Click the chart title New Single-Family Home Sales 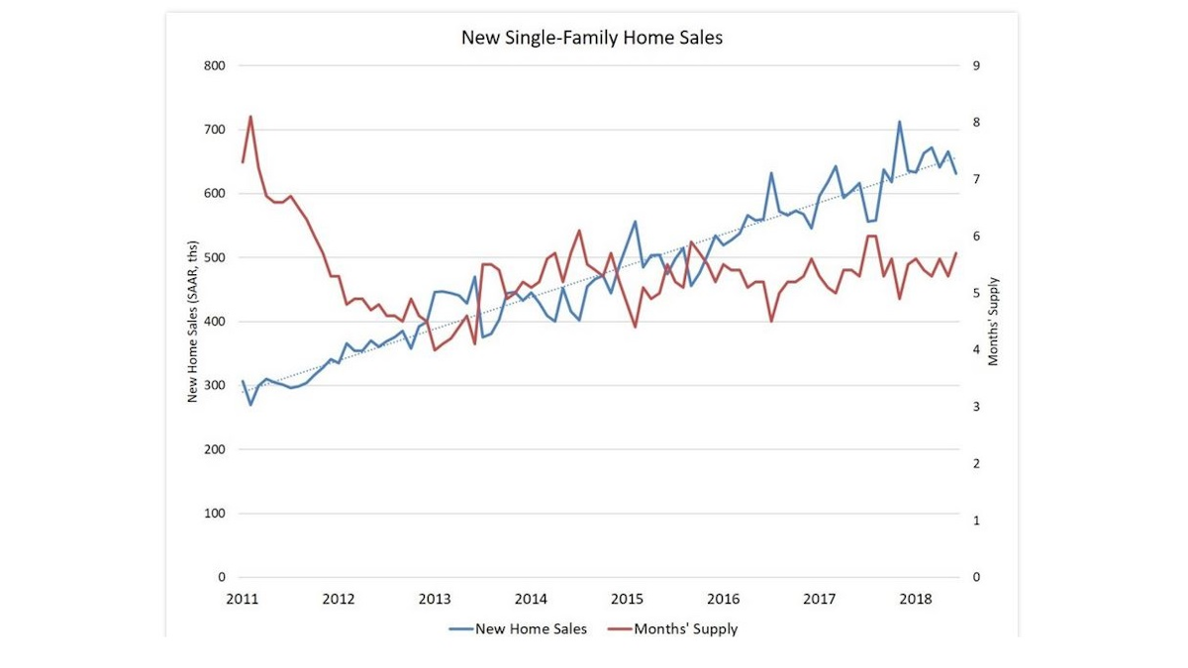[x=593, y=39]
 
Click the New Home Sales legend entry [x=531, y=628]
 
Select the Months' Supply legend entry [x=685, y=628]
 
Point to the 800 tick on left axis [x=216, y=66]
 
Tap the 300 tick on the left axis [x=216, y=386]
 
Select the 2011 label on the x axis [x=243, y=599]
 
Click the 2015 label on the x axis [x=628, y=599]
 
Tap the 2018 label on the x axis [x=916, y=599]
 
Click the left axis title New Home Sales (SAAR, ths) [x=194, y=322]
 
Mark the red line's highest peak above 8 [x=250, y=117]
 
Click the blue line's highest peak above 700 [x=899, y=122]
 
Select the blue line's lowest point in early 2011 [x=250, y=405]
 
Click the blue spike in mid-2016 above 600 [x=771, y=173]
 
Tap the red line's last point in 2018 [x=956, y=253]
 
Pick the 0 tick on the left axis [x=222, y=577]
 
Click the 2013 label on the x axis [x=435, y=599]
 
